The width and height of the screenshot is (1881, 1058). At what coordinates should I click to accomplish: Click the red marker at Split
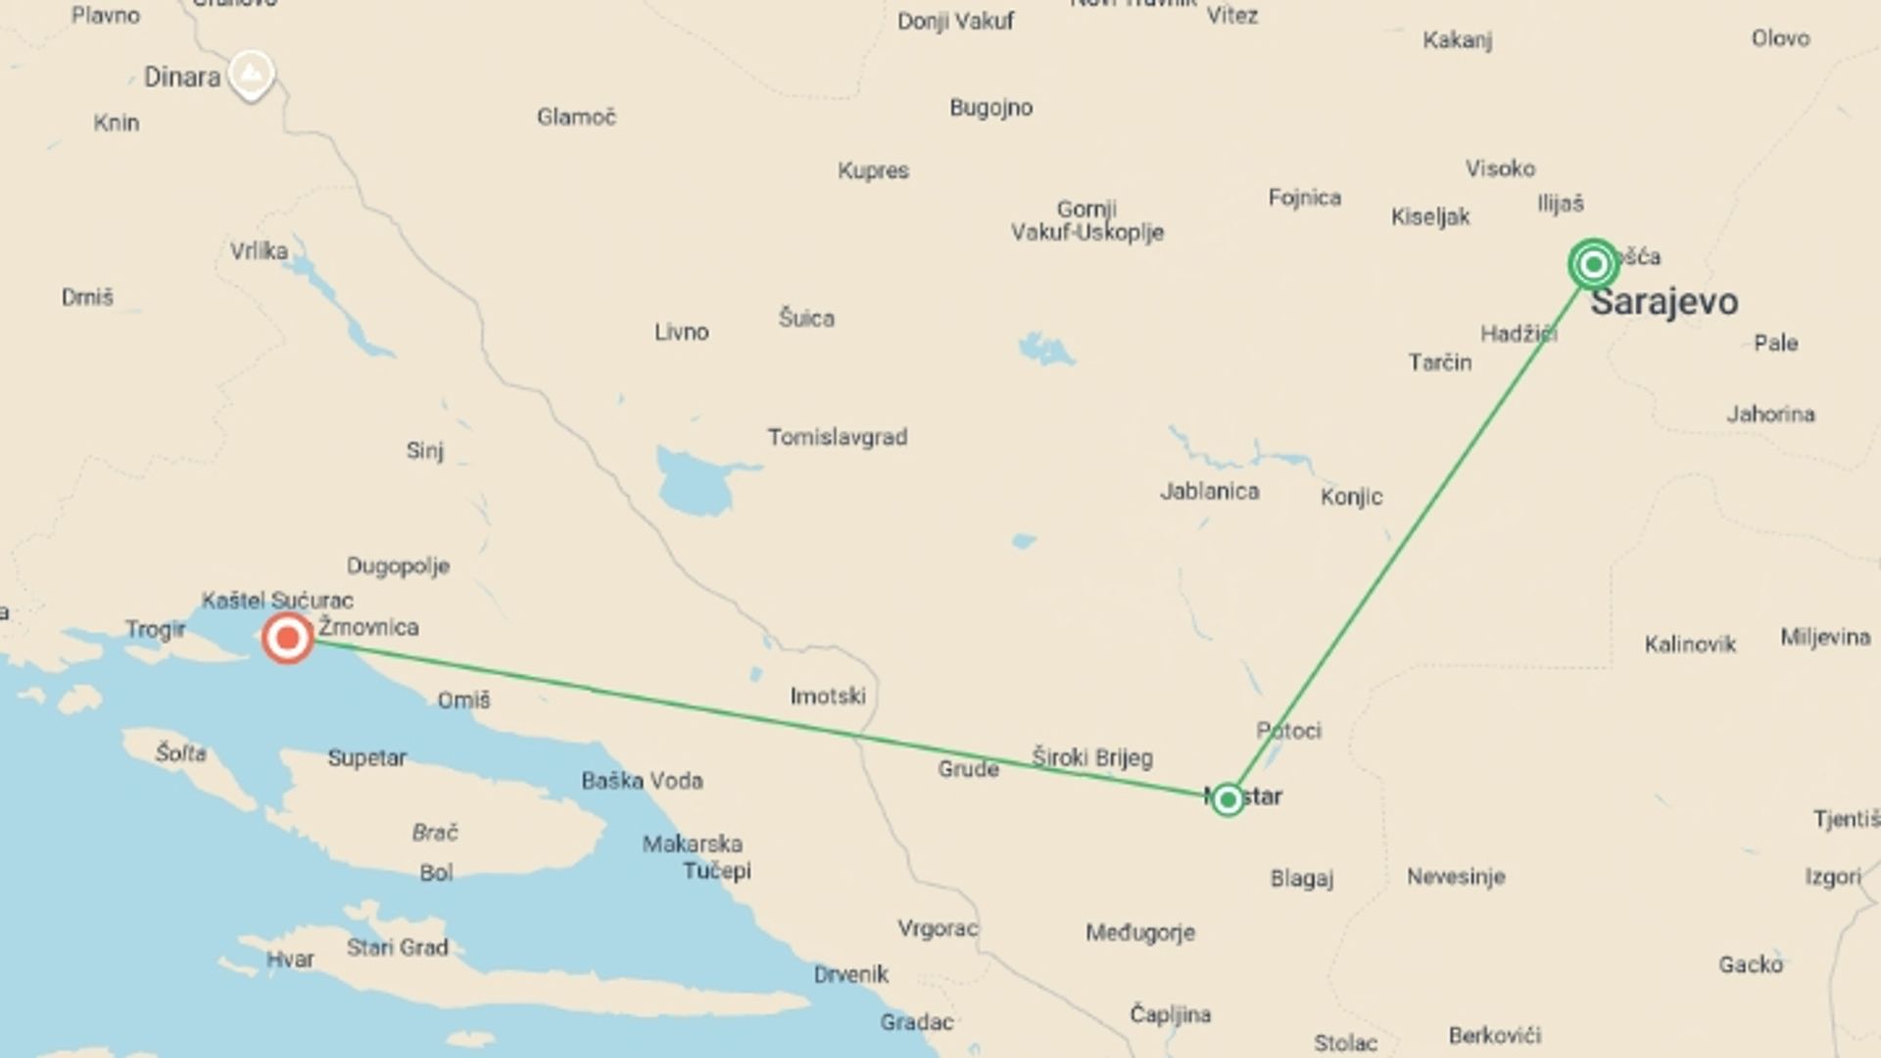[287, 639]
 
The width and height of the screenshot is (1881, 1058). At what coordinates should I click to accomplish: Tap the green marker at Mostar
[1227, 799]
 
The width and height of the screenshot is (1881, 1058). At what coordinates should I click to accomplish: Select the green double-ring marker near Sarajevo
[1593, 264]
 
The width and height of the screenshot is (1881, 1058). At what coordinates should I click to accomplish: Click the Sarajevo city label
[1664, 302]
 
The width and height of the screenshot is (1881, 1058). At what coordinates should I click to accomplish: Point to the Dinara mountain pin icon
[251, 72]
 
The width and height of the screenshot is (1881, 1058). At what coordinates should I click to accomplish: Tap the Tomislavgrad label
[837, 437]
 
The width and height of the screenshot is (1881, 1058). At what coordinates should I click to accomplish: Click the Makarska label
[692, 843]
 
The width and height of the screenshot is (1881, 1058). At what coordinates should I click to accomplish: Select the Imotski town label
[828, 697]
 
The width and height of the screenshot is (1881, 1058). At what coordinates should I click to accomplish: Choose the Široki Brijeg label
[1091, 757]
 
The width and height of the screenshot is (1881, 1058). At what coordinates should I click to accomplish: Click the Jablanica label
[1209, 491]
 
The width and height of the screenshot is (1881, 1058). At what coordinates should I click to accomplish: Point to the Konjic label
[1351, 497]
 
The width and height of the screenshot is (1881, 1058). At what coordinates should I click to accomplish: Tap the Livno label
[681, 332]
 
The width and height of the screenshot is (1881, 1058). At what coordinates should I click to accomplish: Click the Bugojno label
[990, 108]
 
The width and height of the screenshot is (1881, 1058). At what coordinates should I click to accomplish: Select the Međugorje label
[1139, 933]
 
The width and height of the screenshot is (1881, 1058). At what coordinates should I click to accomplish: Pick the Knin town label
[116, 122]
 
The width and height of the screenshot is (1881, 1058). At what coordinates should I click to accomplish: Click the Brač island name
[435, 833]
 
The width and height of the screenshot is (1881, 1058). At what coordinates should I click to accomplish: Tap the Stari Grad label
[397, 947]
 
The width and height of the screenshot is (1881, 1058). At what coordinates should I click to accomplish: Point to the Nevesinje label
[1455, 877]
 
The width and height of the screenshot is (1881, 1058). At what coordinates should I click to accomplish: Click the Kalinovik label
[1689, 645]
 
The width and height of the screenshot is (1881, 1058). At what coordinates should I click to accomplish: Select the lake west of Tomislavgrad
[696, 483]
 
